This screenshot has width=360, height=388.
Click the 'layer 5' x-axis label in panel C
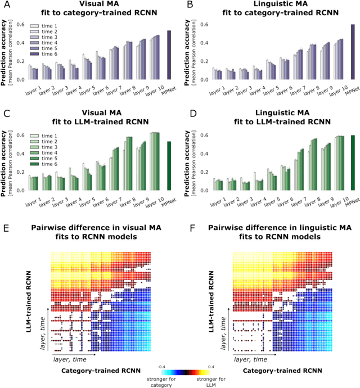(85, 198)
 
